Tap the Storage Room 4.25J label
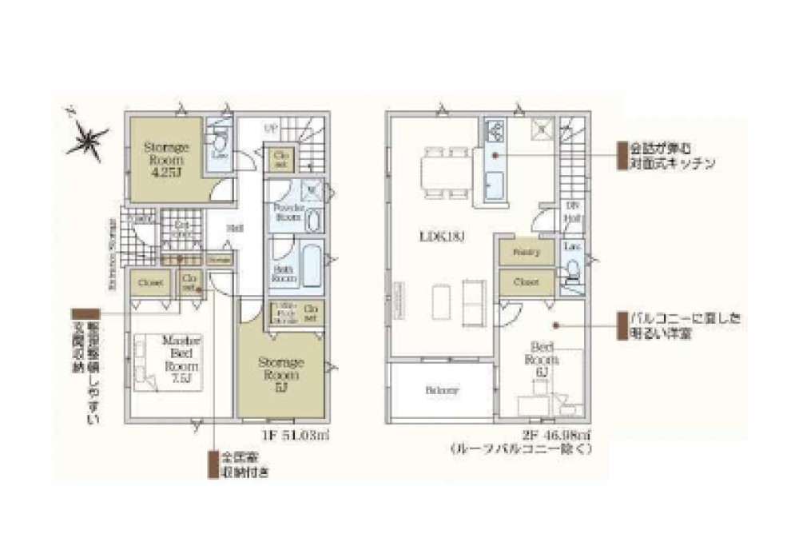tap(165, 159)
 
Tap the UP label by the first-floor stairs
tap(271, 128)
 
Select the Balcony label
tap(441, 391)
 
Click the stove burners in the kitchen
tap(494, 130)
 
